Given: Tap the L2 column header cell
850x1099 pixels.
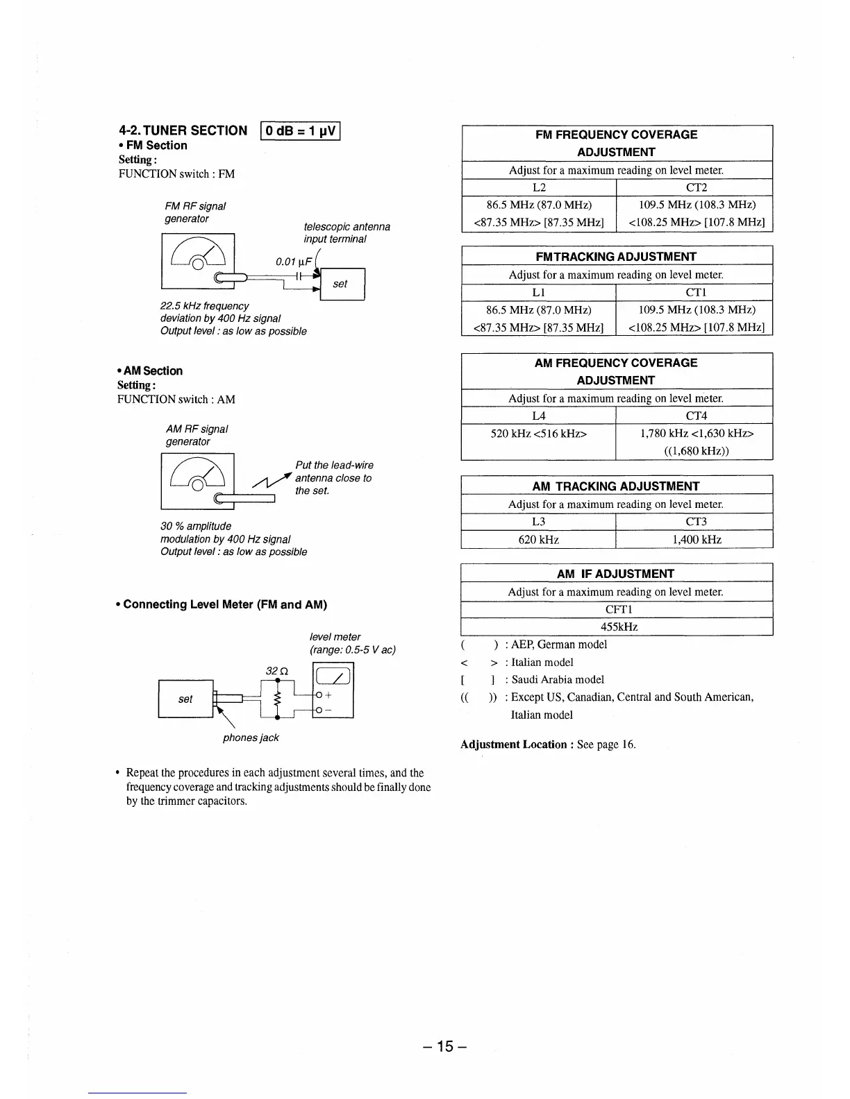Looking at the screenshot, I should pyautogui.click(x=539, y=187).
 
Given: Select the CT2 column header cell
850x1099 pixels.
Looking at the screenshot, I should pyautogui.click(x=695, y=187).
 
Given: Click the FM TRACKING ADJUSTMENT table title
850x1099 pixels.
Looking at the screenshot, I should pyautogui.click(x=617, y=257).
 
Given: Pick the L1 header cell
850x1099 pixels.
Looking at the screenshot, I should pyautogui.click(x=539, y=292).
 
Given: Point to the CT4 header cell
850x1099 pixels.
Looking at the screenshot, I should pyautogui.click(x=695, y=416).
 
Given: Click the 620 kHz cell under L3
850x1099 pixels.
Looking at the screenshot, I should pyautogui.click(x=539, y=540).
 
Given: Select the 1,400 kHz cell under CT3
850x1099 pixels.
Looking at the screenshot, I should pyautogui.click(x=695, y=540).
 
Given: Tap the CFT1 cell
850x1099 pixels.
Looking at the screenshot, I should pyautogui.click(x=617, y=610).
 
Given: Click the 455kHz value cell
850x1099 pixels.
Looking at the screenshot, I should pyautogui.click(x=617, y=627).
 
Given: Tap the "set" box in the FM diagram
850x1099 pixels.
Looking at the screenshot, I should pyautogui.click(x=341, y=284).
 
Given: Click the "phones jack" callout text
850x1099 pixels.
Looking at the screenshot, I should pyautogui.click(x=251, y=738).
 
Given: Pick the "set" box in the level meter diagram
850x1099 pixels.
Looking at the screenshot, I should pyautogui.click(x=185, y=699).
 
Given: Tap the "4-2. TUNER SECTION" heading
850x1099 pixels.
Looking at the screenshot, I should pyautogui.click(x=183, y=130).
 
